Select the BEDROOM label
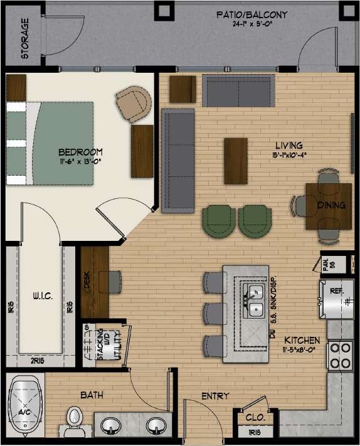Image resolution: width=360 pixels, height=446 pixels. point(80,152)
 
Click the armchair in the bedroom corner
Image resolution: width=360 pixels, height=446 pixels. point(134,104)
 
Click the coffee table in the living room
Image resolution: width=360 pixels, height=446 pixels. point(236,161)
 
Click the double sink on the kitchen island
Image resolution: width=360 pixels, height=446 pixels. point(255,300)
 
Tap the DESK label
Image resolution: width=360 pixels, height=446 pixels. point(87,281)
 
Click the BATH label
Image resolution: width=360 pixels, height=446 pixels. point(92,396)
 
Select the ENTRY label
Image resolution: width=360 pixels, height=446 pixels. point(215,396)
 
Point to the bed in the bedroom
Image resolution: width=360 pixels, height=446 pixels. point(53,142)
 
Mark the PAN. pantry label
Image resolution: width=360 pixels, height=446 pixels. point(324,263)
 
